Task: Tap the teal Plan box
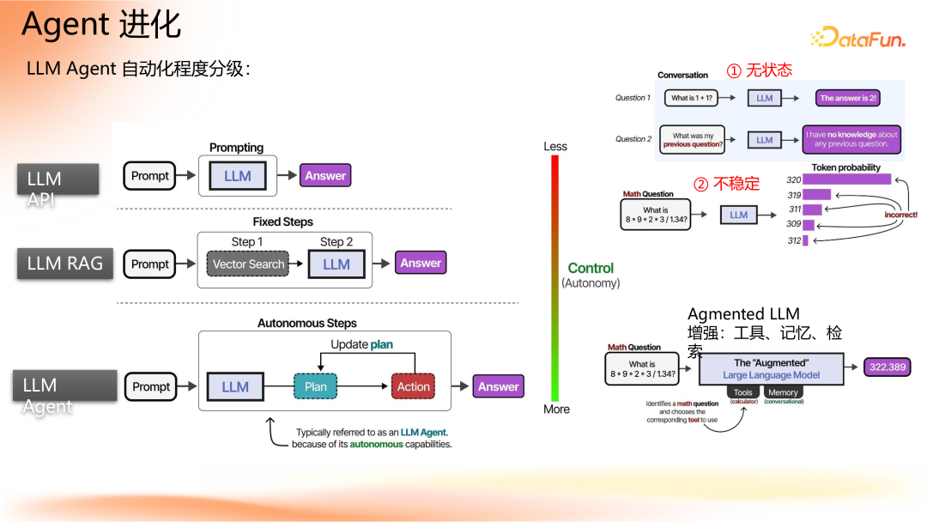pyautogui.click(x=316, y=387)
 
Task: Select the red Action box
pyautogui.click(x=413, y=387)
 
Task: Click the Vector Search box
pyautogui.click(x=248, y=264)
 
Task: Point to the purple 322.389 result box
pyautogui.click(x=887, y=367)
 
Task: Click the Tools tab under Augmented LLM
pyautogui.click(x=742, y=392)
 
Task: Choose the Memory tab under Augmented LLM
pyautogui.click(x=783, y=392)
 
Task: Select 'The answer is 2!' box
pyautogui.click(x=847, y=98)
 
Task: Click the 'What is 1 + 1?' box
pyautogui.click(x=692, y=98)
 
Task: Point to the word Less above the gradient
pyautogui.click(x=555, y=147)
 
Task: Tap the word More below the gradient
pyautogui.click(x=556, y=410)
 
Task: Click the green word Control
pyautogui.click(x=591, y=268)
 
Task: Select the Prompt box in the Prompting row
pyautogui.click(x=150, y=176)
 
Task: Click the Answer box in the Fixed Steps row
pyautogui.click(x=421, y=264)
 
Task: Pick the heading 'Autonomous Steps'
pyautogui.click(x=307, y=324)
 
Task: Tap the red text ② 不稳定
pyautogui.click(x=726, y=184)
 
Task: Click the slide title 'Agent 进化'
pyautogui.click(x=101, y=26)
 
